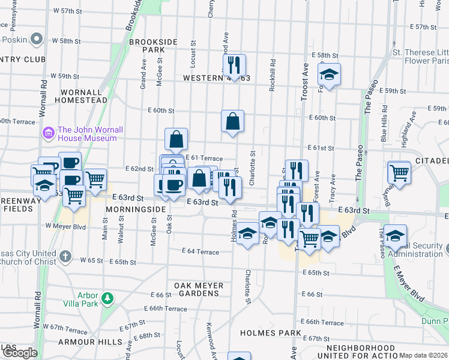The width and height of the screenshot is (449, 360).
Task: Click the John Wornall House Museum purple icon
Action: point(48,132)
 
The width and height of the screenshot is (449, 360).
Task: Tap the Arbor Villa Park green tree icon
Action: point(107,298)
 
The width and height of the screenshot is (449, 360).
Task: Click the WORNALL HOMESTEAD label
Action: point(81,96)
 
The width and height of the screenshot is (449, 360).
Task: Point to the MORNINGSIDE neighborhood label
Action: point(135,209)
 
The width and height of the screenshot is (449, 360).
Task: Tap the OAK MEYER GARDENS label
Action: point(199,290)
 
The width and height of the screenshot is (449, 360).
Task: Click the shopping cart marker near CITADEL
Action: point(399,172)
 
